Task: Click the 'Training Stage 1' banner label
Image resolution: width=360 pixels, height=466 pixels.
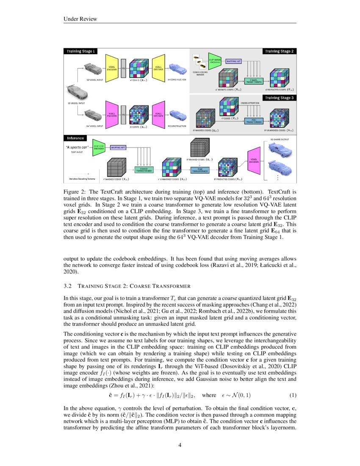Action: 80,51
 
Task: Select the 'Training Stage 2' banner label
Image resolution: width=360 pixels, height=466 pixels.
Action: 280,51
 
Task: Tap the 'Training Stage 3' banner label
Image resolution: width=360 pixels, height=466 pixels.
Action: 280,98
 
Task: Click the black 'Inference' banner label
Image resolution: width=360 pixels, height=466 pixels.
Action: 75,138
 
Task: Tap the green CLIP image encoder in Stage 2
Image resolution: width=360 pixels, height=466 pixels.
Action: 214,62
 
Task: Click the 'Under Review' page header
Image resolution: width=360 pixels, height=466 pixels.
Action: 80,19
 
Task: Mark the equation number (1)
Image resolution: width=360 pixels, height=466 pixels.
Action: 293,396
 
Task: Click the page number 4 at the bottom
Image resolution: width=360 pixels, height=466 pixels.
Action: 180,445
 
